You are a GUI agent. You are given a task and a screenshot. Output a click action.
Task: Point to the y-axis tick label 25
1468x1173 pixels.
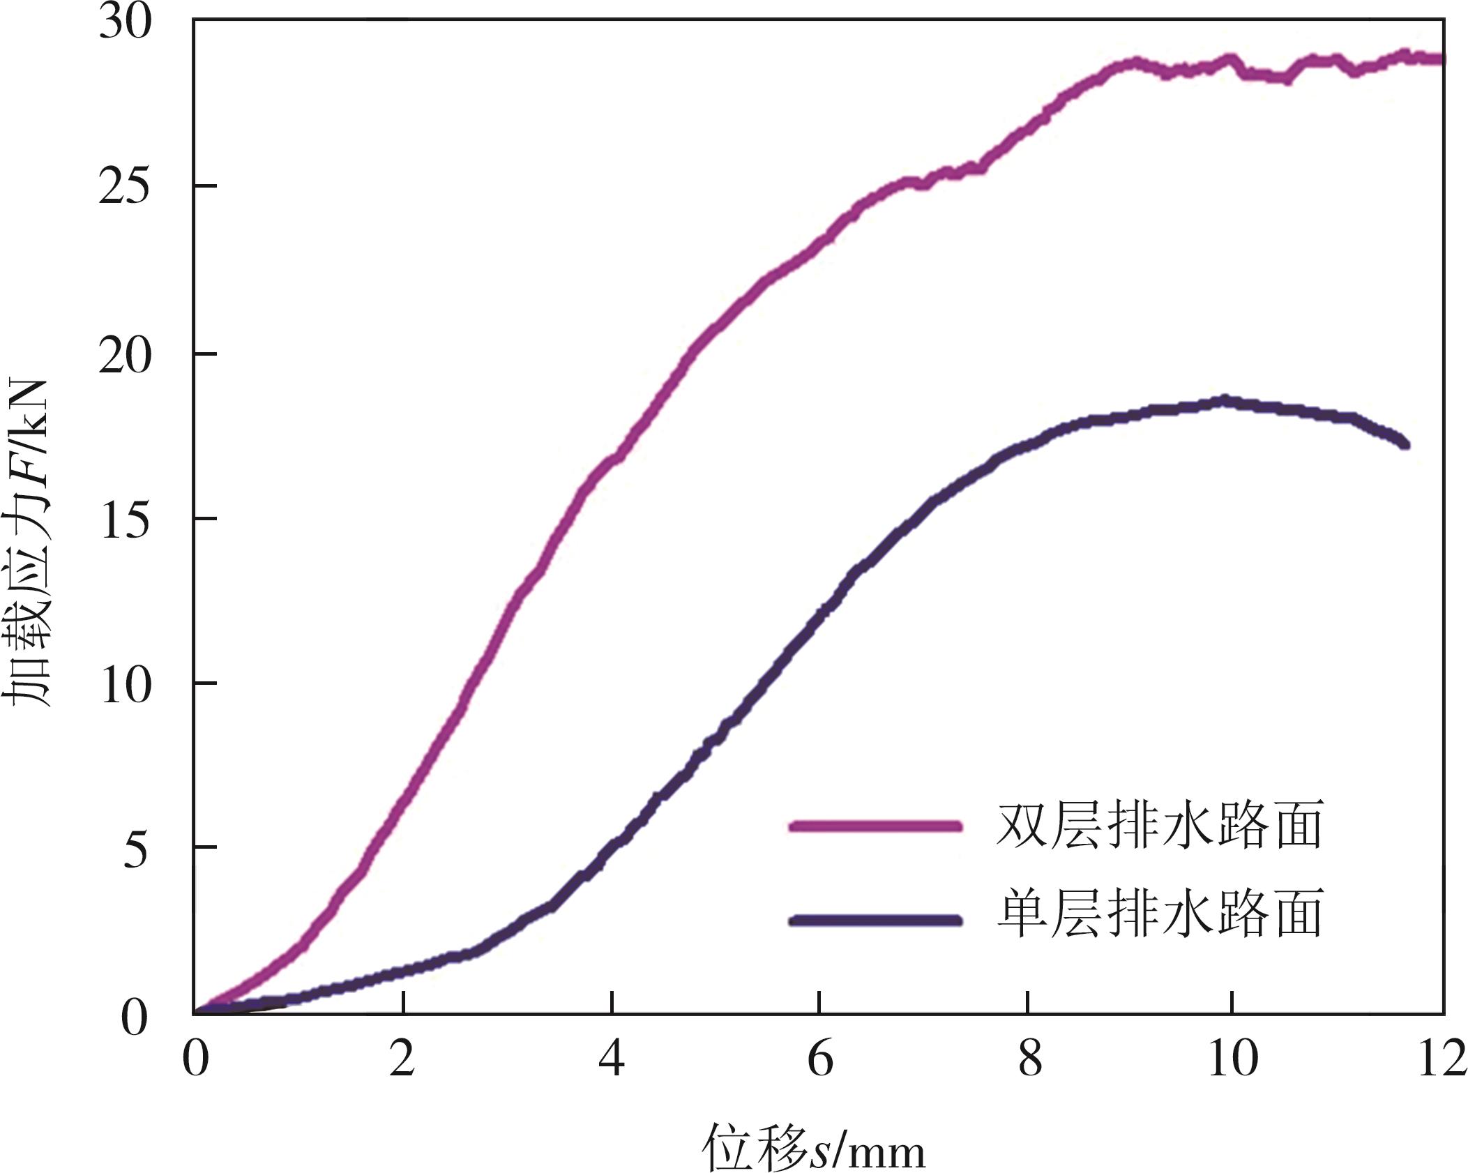point(125,188)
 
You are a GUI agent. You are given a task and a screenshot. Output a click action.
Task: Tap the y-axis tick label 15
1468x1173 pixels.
point(125,520)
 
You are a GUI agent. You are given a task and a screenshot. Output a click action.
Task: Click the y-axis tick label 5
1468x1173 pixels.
point(135,849)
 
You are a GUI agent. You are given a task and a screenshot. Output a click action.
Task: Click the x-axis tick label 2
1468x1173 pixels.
point(402,1059)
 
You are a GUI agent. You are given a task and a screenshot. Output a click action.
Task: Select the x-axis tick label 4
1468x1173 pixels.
point(612,1059)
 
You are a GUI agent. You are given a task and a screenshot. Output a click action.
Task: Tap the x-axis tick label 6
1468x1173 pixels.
point(820,1059)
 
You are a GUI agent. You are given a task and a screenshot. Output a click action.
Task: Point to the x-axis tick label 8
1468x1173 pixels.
point(1029,1059)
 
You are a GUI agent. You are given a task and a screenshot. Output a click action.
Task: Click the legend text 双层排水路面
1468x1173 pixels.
point(1159,825)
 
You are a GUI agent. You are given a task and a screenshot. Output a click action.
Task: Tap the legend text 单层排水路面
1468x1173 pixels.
point(1159,913)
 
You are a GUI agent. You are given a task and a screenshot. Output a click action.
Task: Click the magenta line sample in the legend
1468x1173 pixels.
point(875,826)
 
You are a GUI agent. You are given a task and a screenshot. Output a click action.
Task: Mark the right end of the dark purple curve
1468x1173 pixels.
point(1405,444)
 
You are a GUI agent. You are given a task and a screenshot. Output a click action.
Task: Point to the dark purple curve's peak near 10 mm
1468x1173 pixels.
point(1225,400)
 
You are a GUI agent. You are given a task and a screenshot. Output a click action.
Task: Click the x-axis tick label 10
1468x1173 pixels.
point(1232,1059)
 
